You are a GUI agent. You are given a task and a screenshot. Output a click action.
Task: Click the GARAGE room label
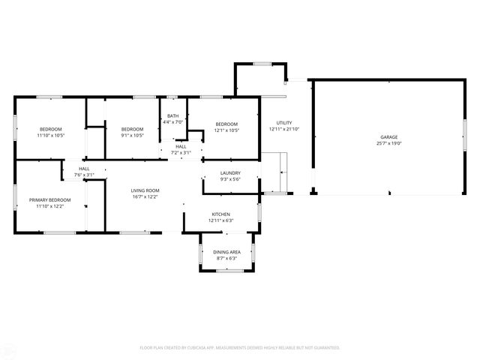(x=388, y=137)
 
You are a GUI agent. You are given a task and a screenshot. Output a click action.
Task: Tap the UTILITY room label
(x=284, y=123)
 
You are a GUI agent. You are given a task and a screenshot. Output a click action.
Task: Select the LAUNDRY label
(x=229, y=173)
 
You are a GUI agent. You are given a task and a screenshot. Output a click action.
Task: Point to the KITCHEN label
(x=220, y=214)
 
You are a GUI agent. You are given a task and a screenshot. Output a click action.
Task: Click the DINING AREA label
(x=226, y=252)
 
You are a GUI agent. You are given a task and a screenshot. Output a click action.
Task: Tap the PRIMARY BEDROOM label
(x=50, y=199)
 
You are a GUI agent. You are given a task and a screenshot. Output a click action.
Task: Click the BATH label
(x=172, y=115)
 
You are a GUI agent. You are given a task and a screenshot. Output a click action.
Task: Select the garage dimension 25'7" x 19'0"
(x=388, y=143)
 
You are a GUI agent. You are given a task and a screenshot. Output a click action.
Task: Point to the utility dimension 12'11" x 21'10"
(x=284, y=129)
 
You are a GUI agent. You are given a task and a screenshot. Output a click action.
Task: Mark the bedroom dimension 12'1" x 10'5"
(x=226, y=130)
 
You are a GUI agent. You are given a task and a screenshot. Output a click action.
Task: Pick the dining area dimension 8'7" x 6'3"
(x=226, y=258)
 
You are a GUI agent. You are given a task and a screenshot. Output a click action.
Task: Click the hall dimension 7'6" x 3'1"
(x=84, y=175)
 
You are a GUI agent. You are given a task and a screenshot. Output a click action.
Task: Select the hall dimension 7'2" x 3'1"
(x=181, y=152)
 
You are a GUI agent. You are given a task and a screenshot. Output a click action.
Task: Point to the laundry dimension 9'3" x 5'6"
(x=229, y=179)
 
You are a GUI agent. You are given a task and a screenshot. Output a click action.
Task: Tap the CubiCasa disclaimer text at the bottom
(x=240, y=347)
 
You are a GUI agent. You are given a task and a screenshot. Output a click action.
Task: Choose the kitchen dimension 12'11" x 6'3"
(x=220, y=220)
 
